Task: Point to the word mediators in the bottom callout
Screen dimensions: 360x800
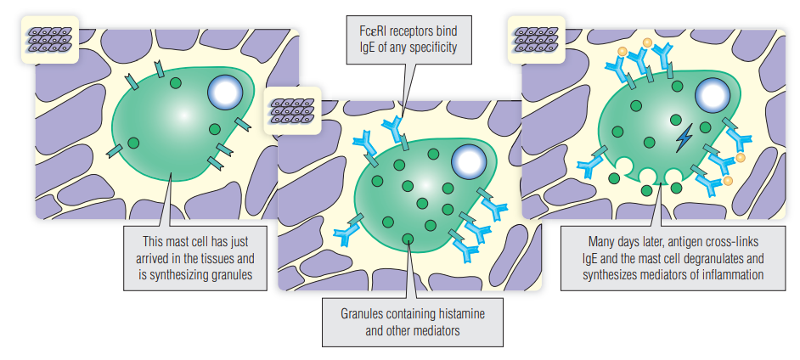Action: click(x=433, y=330)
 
